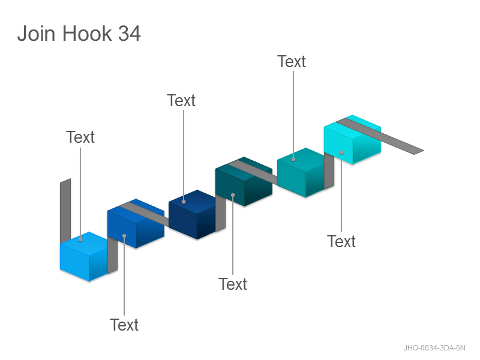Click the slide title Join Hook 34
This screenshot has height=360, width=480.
click(x=79, y=33)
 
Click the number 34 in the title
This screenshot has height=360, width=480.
click(x=130, y=33)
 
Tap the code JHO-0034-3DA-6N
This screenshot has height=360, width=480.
click(x=434, y=348)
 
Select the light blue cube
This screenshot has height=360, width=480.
click(x=84, y=257)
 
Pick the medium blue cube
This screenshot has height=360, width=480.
click(x=136, y=223)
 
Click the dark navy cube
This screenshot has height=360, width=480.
click(x=192, y=214)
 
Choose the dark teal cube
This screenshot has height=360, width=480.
click(x=244, y=182)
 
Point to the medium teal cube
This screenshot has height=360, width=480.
click(x=301, y=173)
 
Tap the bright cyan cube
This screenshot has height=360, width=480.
click(x=352, y=140)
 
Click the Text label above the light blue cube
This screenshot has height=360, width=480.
click(x=80, y=137)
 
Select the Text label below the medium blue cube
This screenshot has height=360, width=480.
click(x=124, y=325)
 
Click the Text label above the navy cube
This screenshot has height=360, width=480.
click(x=181, y=100)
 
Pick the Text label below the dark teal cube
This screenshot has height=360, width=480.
click(x=233, y=284)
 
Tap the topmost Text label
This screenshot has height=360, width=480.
click(x=292, y=62)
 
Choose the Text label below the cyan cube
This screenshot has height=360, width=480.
click(x=341, y=242)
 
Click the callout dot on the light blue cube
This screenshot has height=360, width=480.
click(x=80, y=239)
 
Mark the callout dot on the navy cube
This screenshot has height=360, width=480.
click(x=184, y=202)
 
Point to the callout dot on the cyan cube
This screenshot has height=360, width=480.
click(x=341, y=152)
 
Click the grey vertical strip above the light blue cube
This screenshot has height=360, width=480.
click(x=65, y=211)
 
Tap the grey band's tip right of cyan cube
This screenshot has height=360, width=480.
click(x=424, y=151)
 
